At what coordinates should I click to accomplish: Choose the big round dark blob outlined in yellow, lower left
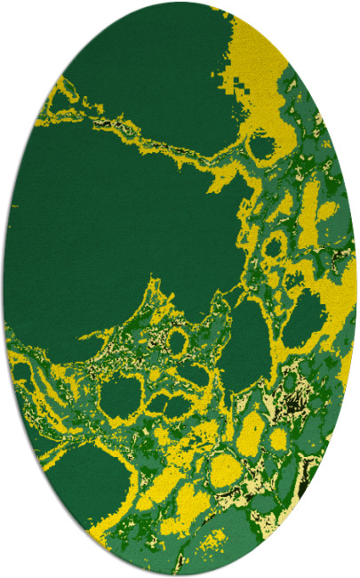click(120, 395)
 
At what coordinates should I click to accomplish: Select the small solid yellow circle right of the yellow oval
click(279, 439)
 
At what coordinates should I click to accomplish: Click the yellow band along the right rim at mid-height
click(342, 293)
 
